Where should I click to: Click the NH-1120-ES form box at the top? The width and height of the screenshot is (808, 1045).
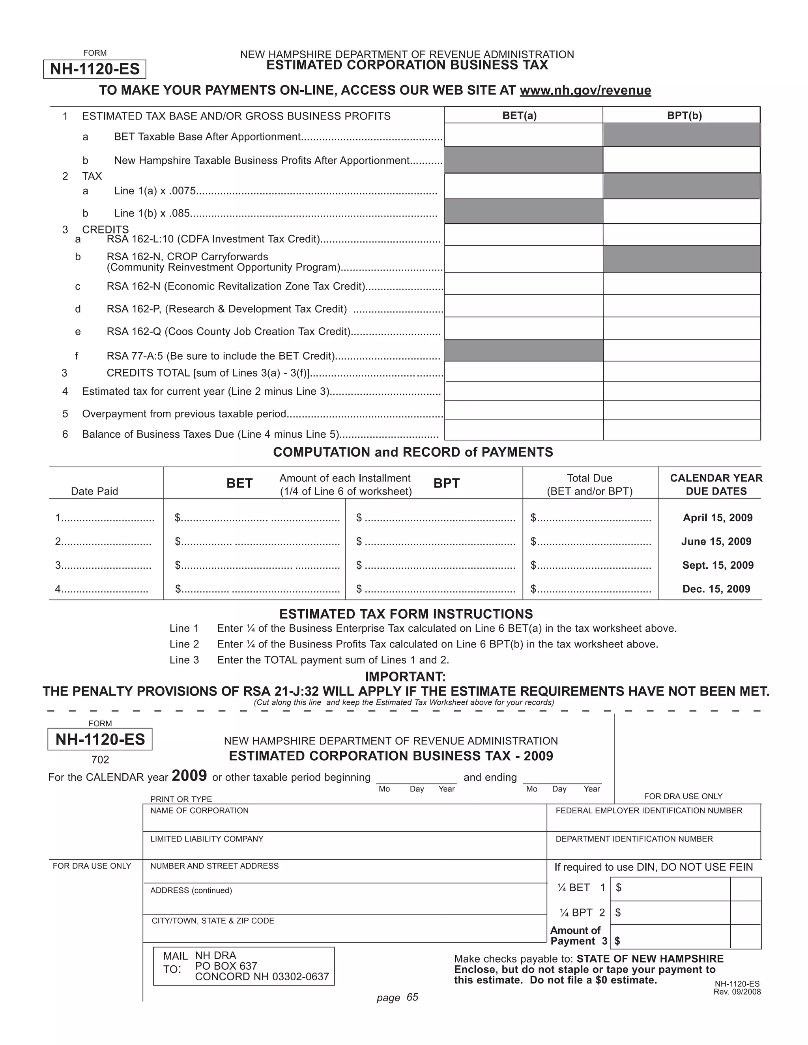click(x=95, y=69)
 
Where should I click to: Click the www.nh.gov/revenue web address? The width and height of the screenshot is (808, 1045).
click(x=585, y=90)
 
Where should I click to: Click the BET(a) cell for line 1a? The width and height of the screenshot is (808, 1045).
click(x=523, y=135)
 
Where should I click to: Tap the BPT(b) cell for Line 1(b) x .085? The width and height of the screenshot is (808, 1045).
click(x=681, y=211)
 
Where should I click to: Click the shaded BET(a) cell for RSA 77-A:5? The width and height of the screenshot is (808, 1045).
click(x=524, y=351)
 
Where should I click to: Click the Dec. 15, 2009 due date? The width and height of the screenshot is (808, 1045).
click(x=716, y=589)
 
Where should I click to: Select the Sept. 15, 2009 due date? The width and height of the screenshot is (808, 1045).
click(x=718, y=565)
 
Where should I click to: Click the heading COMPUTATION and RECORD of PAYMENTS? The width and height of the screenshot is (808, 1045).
click(x=413, y=452)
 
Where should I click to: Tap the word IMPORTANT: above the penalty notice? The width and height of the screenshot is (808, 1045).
click(x=405, y=677)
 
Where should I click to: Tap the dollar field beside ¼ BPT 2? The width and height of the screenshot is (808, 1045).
click(x=673, y=913)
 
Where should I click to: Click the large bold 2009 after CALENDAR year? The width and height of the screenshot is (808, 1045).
click(x=189, y=776)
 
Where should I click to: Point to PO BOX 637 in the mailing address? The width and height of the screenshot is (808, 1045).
click(x=226, y=966)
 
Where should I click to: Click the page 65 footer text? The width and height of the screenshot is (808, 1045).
click(x=397, y=997)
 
